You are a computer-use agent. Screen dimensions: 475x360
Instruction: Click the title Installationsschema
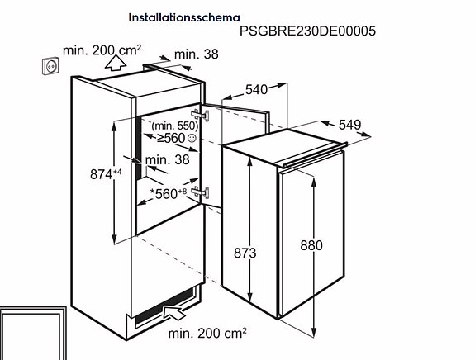tap(184, 17)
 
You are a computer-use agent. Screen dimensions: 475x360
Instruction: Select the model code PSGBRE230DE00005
tap(307, 31)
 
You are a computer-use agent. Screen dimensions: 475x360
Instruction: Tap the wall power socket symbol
tap(50, 66)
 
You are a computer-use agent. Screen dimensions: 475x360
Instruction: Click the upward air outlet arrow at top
tap(116, 63)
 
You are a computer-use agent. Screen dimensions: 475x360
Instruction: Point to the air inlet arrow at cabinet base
tap(174, 312)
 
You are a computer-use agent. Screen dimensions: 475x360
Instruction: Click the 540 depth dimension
tap(256, 90)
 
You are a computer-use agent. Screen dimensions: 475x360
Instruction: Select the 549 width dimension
tap(350, 125)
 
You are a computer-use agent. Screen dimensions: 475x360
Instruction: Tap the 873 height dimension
tap(245, 253)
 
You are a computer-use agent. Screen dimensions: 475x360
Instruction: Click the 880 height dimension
tap(311, 245)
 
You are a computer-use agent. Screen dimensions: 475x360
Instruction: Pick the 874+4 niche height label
tap(106, 174)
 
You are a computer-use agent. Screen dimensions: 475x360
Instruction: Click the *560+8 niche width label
tap(169, 193)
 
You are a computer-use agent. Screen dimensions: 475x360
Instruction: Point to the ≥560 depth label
tap(171, 139)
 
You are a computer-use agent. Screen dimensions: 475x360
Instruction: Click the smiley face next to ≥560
tap(192, 139)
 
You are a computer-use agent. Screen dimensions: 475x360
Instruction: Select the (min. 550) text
tap(175, 126)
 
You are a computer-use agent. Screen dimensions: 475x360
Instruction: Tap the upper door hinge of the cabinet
tap(200, 115)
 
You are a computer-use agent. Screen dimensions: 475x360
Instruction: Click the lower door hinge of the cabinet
tap(200, 192)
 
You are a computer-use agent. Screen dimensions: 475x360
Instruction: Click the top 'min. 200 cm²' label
tap(102, 50)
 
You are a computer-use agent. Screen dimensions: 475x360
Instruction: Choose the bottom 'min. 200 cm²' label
tap(207, 334)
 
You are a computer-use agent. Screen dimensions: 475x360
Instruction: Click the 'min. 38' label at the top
tap(197, 54)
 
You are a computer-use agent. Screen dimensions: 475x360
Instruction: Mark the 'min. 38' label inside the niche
tap(168, 160)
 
